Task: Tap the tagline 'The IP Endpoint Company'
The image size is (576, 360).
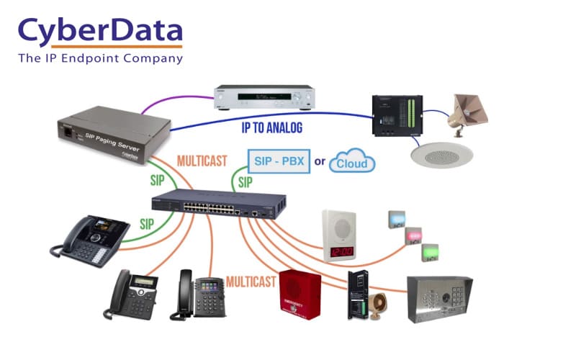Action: point(100,58)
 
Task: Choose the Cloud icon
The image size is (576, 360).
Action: point(353,162)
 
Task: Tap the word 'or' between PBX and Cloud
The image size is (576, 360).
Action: point(320,162)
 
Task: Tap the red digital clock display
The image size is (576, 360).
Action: point(340,252)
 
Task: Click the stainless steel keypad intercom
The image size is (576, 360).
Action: point(439,298)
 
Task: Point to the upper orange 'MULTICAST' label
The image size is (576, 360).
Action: point(200,161)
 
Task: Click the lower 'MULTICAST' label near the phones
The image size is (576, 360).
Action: point(251,281)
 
